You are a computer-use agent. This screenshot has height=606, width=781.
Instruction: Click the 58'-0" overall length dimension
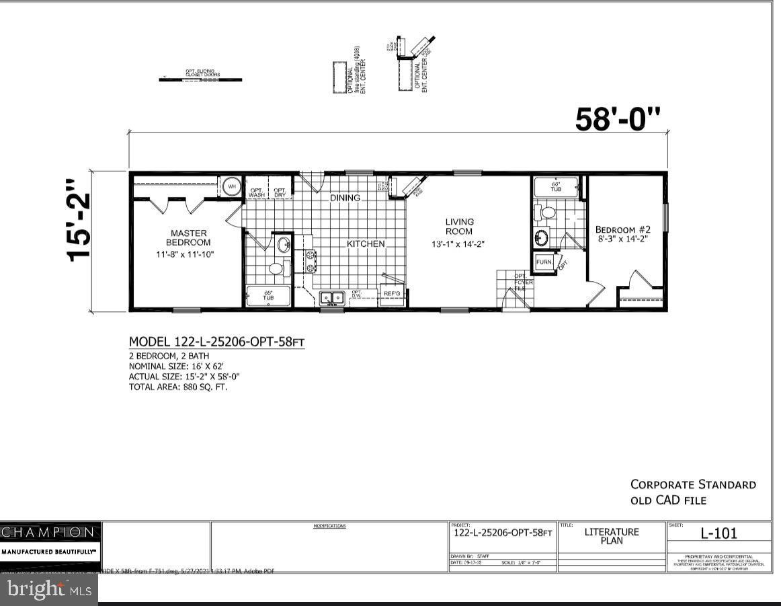(x=618, y=119)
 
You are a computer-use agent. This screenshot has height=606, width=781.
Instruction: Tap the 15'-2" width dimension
(x=79, y=220)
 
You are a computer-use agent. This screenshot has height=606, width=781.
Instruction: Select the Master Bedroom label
(x=188, y=237)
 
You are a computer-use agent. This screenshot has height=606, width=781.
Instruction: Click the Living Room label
(x=459, y=226)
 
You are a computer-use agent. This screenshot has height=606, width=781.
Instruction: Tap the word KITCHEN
(x=366, y=243)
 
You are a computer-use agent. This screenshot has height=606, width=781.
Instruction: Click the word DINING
(x=345, y=198)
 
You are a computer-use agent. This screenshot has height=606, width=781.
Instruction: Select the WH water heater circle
(x=231, y=186)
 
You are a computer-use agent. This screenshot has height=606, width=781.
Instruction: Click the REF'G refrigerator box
(x=391, y=294)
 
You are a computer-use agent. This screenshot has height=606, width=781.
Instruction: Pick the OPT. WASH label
(x=257, y=192)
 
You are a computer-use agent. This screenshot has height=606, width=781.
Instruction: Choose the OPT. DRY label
(x=280, y=192)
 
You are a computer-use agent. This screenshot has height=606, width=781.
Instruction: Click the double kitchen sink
(x=331, y=297)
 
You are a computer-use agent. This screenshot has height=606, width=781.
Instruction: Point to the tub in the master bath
(x=268, y=296)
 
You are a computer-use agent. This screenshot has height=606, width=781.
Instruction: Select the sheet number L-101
(x=718, y=533)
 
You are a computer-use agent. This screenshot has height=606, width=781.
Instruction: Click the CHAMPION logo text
(x=48, y=532)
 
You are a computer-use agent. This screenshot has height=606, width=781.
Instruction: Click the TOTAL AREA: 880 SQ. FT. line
(x=178, y=387)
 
